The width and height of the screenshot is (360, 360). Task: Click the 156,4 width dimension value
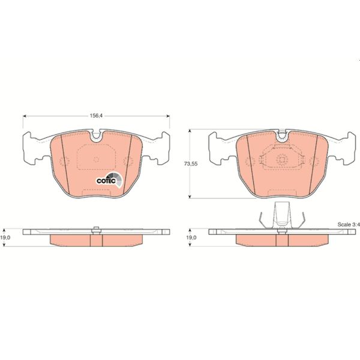(x=96, y=118)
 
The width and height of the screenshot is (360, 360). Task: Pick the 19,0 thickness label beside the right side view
(x=191, y=238)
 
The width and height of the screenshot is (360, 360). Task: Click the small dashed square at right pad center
(x=282, y=159)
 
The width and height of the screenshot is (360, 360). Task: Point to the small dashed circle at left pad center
(x=96, y=160)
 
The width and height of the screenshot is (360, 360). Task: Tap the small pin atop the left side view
(x=96, y=228)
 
